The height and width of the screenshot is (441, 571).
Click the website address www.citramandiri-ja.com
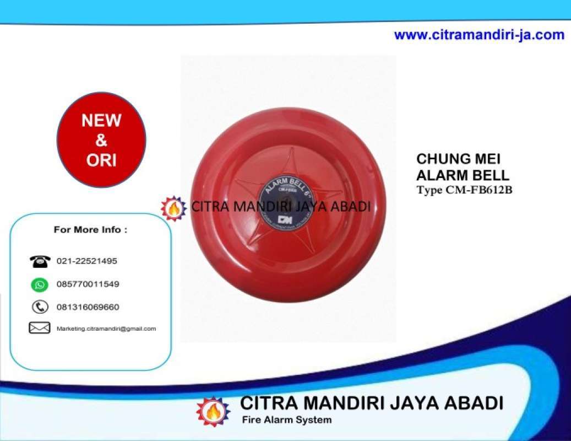coord(479,35)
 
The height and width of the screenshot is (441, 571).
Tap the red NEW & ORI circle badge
coord(101,140)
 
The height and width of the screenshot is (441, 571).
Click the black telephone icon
coord(40,261)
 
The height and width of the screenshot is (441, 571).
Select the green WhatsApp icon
coord(40,284)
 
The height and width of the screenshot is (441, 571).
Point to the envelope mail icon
coord(40,328)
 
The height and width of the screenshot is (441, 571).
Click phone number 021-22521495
coord(86,261)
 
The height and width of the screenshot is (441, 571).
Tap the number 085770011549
coord(88,284)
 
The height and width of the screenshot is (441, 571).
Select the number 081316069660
coord(88,307)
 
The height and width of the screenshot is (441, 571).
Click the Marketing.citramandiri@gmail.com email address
coord(106,329)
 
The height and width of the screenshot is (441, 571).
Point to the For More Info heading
coord(90,230)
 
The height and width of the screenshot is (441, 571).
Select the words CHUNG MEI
coord(459,159)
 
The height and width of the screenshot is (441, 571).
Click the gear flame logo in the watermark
coord(173,208)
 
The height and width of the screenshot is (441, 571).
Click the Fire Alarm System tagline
coord(287,420)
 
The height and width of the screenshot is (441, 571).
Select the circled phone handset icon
coord(40,307)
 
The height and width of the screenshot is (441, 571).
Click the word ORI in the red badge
coord(101,160)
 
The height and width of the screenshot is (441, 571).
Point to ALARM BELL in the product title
coord(463,175)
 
